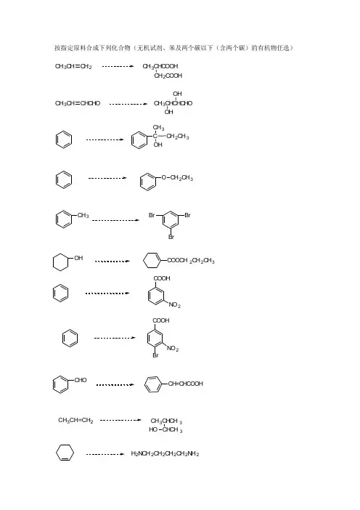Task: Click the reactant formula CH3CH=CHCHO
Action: click(x=78, y=103)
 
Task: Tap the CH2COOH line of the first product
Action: click(x=168, y=76)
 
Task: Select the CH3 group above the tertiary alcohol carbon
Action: click(x=158, y=128)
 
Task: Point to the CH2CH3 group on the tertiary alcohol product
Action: click(x=178, y=137)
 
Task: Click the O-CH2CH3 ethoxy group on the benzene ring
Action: click(x=177, y=178)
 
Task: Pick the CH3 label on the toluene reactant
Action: click(x=83, y=215)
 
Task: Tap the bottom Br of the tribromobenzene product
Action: click(x=171, y=237)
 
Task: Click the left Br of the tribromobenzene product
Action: click(x=152, y=215)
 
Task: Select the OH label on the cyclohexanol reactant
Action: click(x=78, y=258)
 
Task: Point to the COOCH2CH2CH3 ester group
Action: click(x=191, y=261)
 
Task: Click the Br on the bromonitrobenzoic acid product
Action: click(x=155, y=355)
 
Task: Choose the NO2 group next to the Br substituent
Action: click(x=173, y=348)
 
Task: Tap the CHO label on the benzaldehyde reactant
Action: click(x=81, y=380)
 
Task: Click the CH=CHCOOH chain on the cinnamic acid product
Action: click(x=186, y=384)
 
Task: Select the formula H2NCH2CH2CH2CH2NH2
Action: click(x=165, y=453)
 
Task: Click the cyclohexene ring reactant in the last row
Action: click(x=56, y=453)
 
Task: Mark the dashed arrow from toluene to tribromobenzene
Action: click(x=115, y=220)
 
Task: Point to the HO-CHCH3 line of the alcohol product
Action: click(x=165, y=429)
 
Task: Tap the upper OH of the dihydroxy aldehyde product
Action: click(x=177, y=94)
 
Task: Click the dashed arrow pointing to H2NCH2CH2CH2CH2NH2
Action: click(x=105, y=454)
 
